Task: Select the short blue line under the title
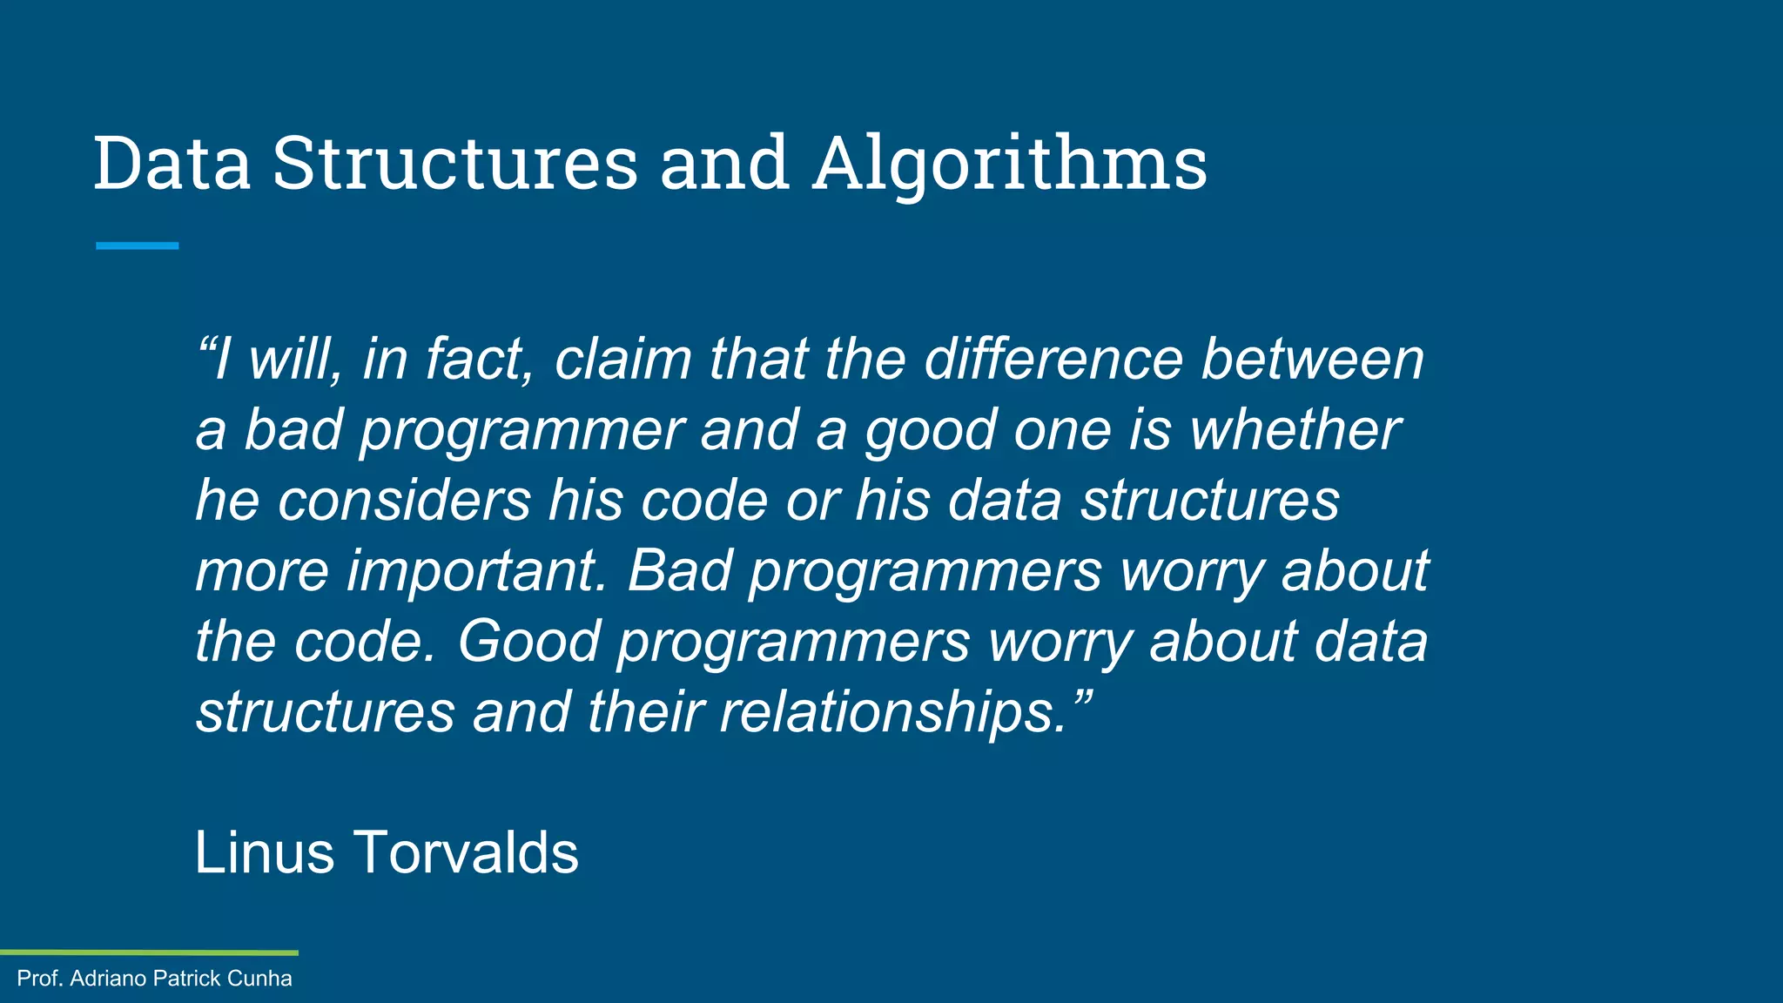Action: (x=138, y=246)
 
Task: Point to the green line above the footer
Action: (x=149, y=953)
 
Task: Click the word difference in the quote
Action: (x=1053, y=359)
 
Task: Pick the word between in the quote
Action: (x=1313, y=359)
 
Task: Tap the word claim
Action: (x=623, y=359)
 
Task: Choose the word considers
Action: (x=404, y=501)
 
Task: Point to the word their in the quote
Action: (x=645, y=711)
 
